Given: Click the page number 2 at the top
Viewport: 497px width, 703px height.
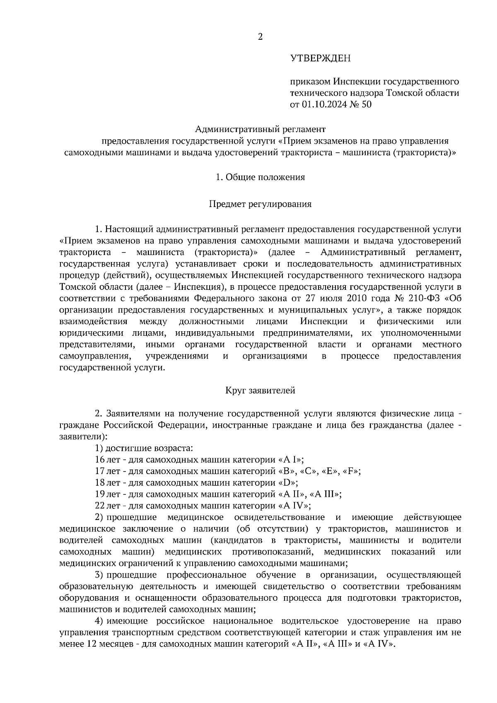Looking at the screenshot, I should pyautogui.click(x=260, y=37).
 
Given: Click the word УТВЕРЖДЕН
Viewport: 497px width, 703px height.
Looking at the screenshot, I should pyautogui.click(x=320, y=58).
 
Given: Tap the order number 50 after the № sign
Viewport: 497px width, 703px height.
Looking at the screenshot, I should pyautogui.click(x=367, y=104).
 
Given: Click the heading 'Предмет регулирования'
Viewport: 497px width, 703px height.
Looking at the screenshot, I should pyautogui.click(x=260, y=204).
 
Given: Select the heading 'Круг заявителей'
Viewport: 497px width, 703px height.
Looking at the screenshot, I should pyautogui.click(x=260, y=390).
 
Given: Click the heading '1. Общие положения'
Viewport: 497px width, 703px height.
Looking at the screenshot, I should pyautogui.click(x=260, y=177).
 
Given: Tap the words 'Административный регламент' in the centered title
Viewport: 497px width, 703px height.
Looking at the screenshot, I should pyautogui.click(x=260, y=129).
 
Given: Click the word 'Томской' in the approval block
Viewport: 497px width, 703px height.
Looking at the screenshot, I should pyautogui.click(x=403, y=93).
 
